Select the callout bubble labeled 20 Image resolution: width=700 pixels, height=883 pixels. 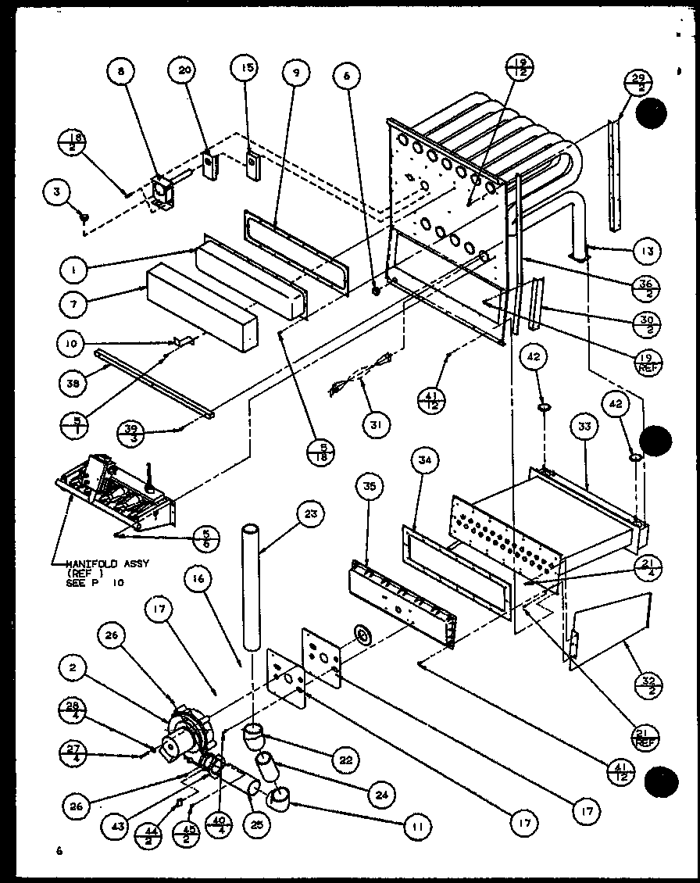pyautogui.click(x=184, y=70)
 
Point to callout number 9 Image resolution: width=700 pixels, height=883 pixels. pyautogui.click(x=295, y=73)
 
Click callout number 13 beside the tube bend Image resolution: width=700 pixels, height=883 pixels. pyautogui.click(x=648, y=252)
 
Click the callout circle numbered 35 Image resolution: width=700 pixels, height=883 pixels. pyautogui.click(x=368, y=485)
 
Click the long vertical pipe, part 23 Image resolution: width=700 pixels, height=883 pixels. pyautogui.click(x=251, y=586)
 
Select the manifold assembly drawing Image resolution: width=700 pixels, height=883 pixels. pyautogui.click(x=117, y=492)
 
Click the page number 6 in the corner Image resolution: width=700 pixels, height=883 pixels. pyautogui.click(x=57, y=849)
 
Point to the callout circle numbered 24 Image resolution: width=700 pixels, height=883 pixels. pyautogui.click(x=380, y=795)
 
